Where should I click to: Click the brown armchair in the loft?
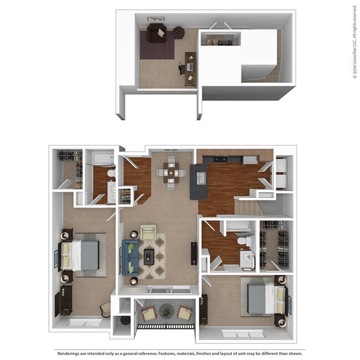156,33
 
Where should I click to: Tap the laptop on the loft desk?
189,66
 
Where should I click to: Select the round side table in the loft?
179,33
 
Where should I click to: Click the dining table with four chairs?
171,173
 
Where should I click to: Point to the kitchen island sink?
200,178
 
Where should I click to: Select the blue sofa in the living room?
131,254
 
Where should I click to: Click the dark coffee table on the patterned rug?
150,255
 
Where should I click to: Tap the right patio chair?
185,313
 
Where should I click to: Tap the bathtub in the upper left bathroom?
101,158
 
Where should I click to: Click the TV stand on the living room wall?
194,254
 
